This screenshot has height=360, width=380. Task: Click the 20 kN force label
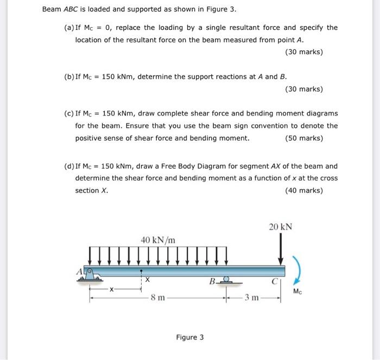click(280, 227)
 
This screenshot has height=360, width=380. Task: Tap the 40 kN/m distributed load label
click(158, 239)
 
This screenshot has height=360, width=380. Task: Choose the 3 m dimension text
click(251, 298)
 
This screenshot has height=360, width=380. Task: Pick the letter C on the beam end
click(275, 282)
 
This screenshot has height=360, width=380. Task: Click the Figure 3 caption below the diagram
click(189, 337)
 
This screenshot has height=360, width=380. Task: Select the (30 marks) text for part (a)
click(303, 52)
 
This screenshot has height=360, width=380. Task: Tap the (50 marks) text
click(303, 138)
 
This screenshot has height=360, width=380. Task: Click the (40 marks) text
click(303, 190)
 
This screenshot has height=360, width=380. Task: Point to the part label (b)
click(68, 76)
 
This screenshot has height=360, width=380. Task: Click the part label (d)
click(68, 166)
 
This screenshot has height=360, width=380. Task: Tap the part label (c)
click(68, 113)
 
